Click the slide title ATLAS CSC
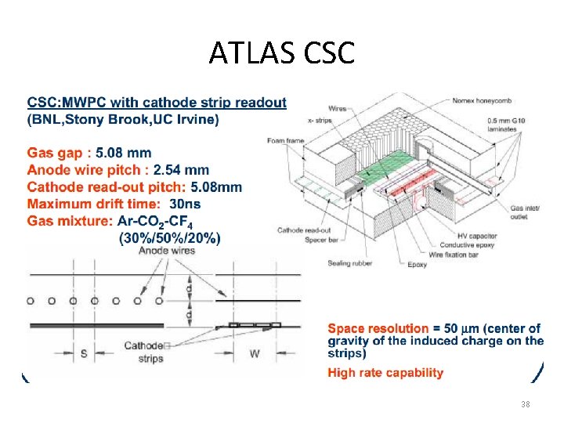click(x=282, y=52)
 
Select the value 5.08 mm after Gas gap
click(x=124, y=152)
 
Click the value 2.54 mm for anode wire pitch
click(x=181, y=169)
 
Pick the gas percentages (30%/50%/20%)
click(x=169, y=237)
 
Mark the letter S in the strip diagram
click(x=84, y=353)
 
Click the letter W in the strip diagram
click(x=255, y=353)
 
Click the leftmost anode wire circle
click(x=30, y=300)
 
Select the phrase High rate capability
click(x=385, y=373)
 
